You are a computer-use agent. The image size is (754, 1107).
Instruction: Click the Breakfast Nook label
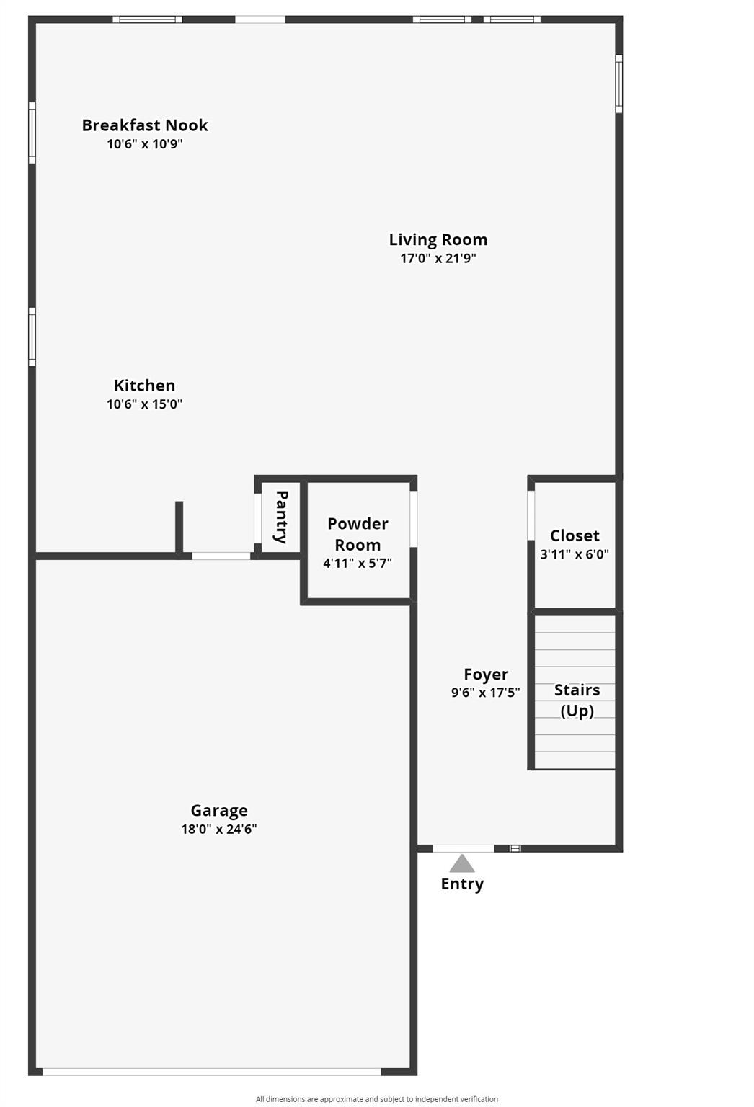coord(144,125)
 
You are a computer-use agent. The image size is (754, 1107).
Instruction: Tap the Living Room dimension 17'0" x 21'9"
coord(438,258)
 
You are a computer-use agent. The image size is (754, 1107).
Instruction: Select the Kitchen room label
coord(144,386)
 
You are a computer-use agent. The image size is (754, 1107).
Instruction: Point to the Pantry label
coord(282,516)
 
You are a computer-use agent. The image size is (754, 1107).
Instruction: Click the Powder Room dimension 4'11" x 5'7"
coord(357,563)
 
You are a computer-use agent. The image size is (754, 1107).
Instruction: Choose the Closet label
coord(575,535)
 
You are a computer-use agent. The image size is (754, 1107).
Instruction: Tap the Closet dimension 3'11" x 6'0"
coord(575,554)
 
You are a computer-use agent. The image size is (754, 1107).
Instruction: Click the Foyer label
coord(486,675)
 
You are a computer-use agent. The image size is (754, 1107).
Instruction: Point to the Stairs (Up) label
coord(577,700)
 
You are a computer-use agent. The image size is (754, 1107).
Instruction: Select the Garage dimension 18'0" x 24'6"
coord(218,829)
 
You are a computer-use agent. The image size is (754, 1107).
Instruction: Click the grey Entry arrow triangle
coord(462,863)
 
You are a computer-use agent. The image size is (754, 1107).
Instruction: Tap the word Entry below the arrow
coord(462,884)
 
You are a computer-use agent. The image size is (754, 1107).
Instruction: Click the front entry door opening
coord(464,848)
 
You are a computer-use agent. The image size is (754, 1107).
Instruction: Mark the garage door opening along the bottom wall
coord(212,1072)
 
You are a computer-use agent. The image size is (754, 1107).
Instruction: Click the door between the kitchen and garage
coord(221,556)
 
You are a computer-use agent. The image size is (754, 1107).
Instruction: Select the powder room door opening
coord(414,519)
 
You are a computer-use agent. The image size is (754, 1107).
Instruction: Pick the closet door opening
coord(531,515)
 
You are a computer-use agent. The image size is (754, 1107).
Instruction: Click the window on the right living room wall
coord(618,84)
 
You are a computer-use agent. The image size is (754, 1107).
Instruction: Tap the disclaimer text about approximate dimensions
coord(376,1099)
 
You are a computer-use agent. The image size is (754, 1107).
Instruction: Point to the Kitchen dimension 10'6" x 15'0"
coord(144,404)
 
